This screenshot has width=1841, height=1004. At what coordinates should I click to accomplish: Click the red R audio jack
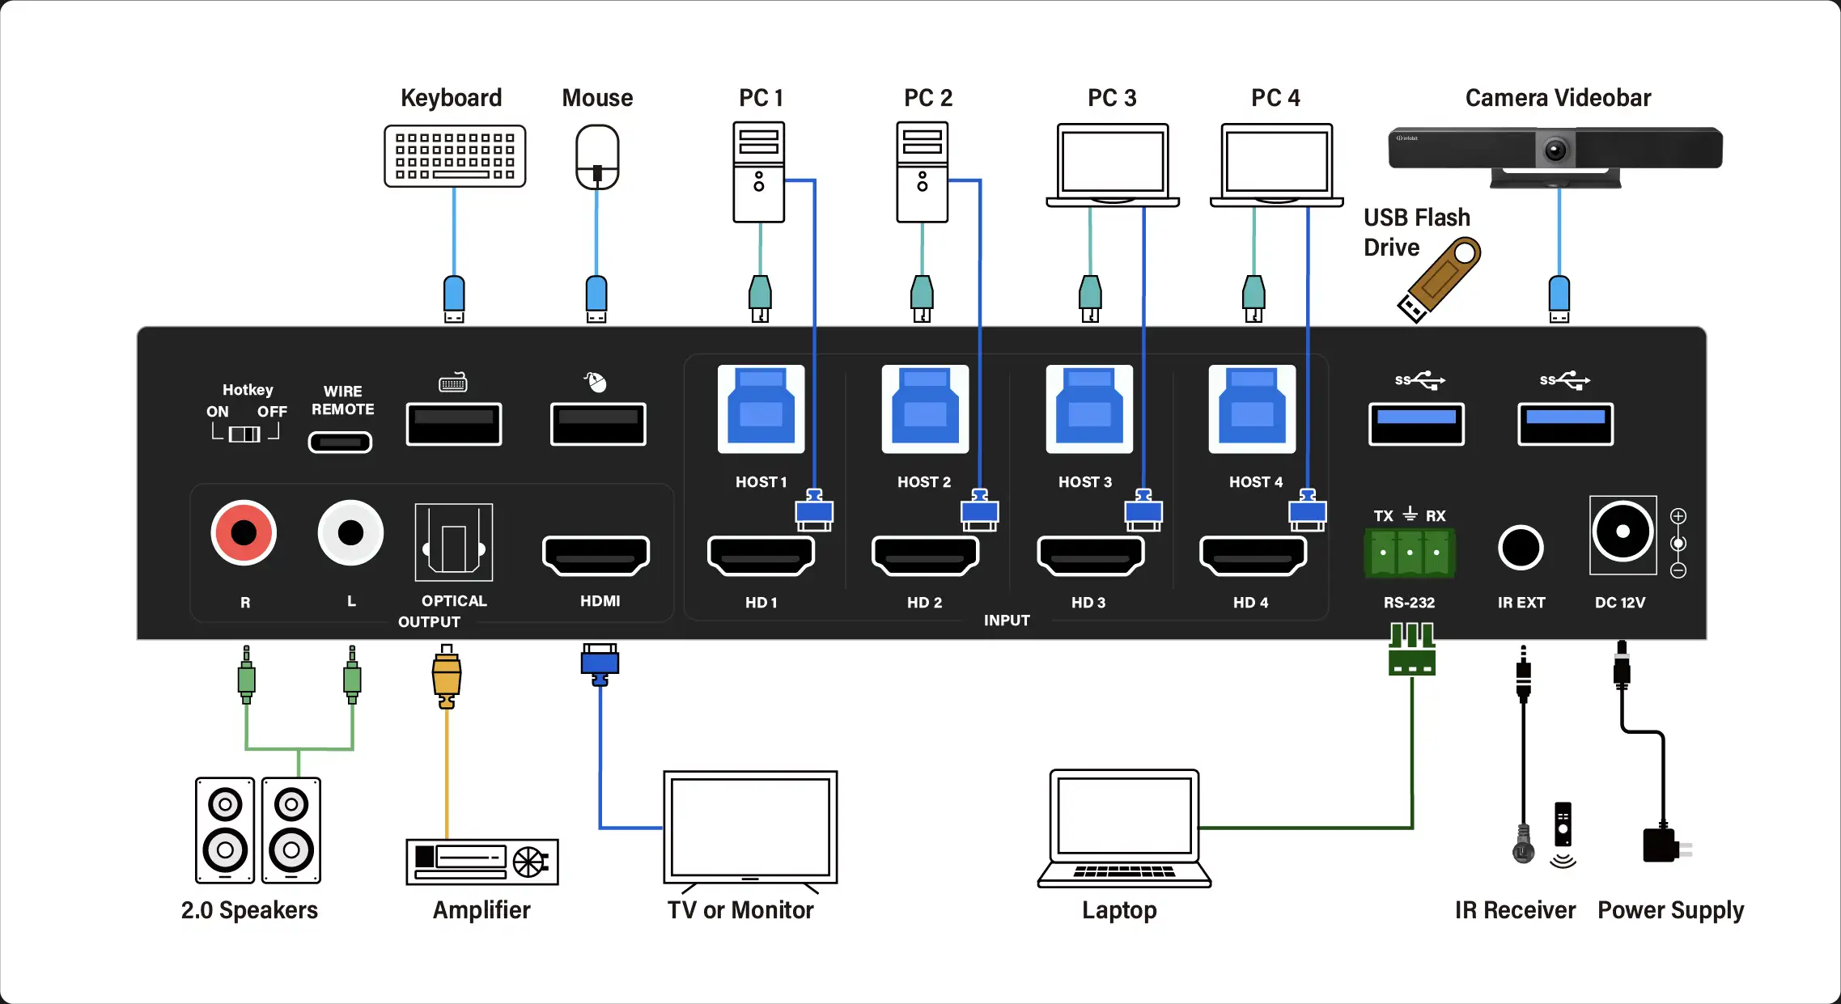(244, 532)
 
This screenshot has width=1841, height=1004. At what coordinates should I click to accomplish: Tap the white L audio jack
(350, 532)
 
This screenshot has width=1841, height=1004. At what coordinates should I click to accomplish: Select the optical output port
(453, 542)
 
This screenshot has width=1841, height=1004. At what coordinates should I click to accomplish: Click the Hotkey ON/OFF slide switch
(244, 434)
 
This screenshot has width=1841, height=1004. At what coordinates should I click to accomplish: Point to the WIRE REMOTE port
(340, 442)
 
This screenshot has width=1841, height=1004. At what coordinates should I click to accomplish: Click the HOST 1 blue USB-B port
(761, 409)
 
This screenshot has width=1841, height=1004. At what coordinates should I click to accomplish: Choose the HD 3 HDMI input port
(1090, 555)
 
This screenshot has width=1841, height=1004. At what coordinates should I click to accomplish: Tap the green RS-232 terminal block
(1410, 553)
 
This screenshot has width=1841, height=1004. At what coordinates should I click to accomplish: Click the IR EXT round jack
(1521, 548)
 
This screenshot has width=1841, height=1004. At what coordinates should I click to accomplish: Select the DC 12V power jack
(1623, 532)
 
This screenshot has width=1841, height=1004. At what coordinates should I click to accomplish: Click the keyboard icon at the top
(455, 156)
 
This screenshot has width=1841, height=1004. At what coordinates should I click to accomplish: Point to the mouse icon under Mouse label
(597, 157)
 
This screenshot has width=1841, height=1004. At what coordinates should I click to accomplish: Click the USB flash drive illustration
(1439, 279)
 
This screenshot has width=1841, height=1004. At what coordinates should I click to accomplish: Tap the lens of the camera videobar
(1555, 150)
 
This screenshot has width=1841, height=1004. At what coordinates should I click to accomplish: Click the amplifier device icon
(481, 862)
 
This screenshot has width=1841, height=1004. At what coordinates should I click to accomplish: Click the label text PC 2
(928, 98)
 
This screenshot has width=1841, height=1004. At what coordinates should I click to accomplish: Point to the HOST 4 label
(1256, 482)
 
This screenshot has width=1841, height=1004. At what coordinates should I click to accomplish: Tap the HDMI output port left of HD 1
(596, 555)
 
